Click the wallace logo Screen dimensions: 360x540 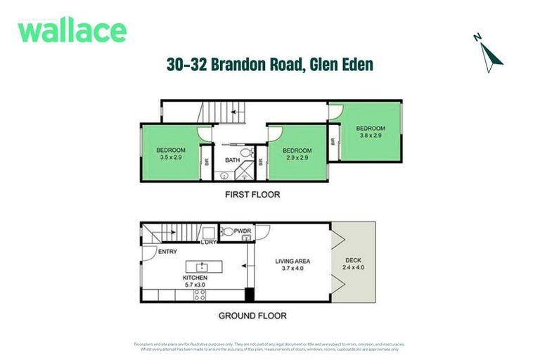[x=72, y=32]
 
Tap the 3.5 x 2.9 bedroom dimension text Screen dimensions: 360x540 [x=170, y=157]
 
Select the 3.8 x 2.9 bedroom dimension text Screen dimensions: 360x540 [x=370, y=135]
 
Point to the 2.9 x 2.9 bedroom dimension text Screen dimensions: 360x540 [x=297, y=158]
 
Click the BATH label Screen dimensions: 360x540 [x=232, y=160]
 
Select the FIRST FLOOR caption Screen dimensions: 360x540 [x=252, y=195]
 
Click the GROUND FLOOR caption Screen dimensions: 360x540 [x=252, y=316]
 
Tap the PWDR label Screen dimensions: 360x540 [x=243, y=231]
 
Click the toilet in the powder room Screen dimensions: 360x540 [x=227, y=231]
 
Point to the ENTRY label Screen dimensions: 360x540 [x=168, y=251]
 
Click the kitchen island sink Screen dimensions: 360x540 [x=202, y=267]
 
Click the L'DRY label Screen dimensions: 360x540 [x=209, y=243]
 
